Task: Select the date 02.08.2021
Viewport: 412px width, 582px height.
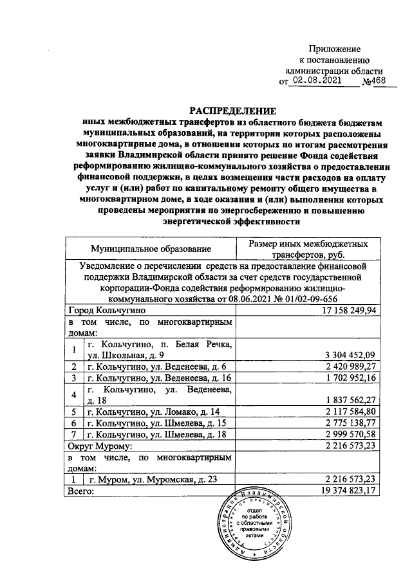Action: pos(315,82)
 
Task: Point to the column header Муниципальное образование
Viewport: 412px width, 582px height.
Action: pos(151,248)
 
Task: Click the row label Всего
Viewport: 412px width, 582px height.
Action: pos(81,491)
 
